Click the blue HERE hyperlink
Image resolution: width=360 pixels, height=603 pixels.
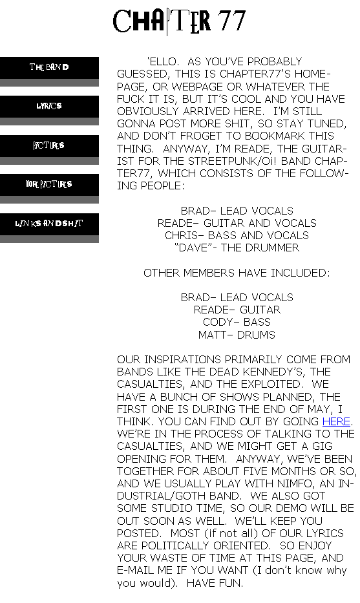click(336, 421)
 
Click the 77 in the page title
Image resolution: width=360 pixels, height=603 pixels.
click(231, 21)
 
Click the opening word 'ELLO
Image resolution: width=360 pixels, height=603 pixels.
click(163, 61)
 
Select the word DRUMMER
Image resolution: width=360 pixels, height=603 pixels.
click(272, 248)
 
